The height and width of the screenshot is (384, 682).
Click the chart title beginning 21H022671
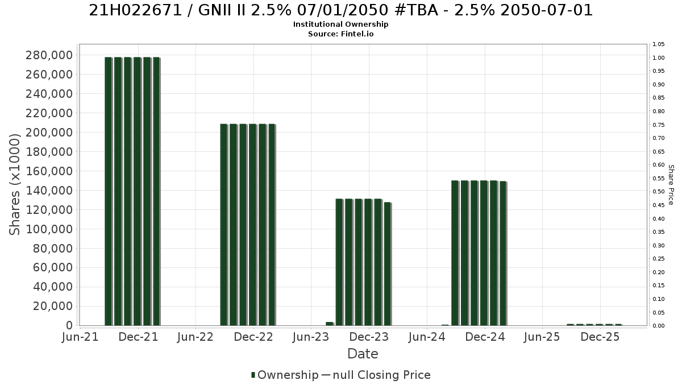[340, 10]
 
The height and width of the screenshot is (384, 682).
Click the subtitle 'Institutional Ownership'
[340, 24]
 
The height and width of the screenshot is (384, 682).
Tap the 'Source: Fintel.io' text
[340, 34]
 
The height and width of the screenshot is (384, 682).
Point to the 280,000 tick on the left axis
[49, 56]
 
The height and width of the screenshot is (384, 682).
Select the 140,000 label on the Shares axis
[49, 191]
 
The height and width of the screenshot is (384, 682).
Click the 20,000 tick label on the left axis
[53, 306]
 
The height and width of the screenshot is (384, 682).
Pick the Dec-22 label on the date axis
[253, 337]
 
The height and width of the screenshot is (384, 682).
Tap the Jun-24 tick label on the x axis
[427, 337]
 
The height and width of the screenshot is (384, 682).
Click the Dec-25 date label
[600, 337]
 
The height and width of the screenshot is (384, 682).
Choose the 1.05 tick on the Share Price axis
[658, 44]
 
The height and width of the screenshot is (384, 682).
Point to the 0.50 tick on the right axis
[658, 192]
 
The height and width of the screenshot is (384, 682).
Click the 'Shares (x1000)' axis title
[14, 184]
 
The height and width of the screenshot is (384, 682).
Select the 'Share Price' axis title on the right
[671, 185]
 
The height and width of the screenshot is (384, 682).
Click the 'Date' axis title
[363, 354]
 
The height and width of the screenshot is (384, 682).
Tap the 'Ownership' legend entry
[285, 375]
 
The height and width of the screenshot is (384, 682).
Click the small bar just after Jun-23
[330, 324]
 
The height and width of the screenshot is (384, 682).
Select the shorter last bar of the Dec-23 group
[388, 264]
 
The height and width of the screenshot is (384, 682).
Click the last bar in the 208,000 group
[272, 225]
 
